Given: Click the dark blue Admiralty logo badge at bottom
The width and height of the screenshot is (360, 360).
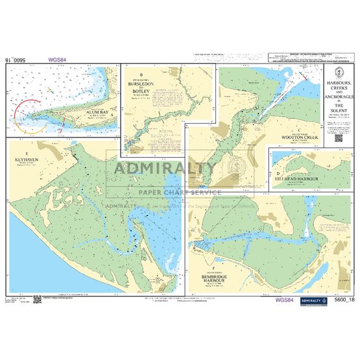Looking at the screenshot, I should (x=315, y=300).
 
